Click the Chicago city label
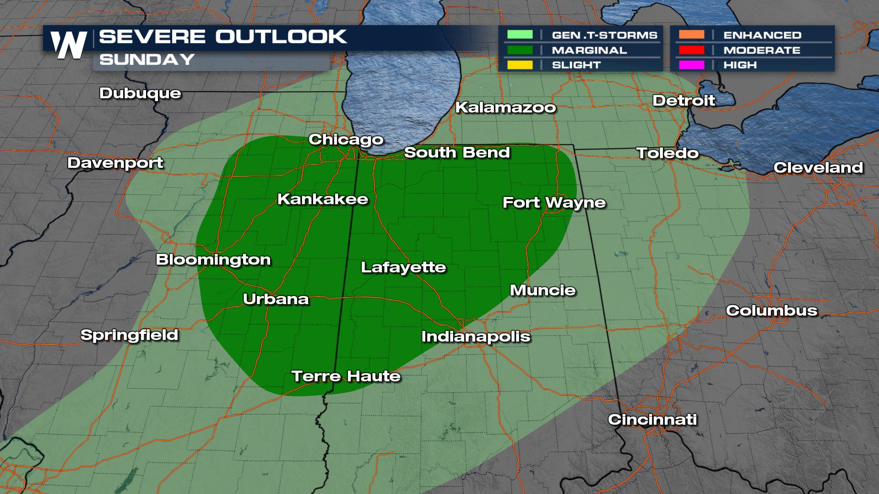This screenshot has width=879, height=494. tap(346, 140)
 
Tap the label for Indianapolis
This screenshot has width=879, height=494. tap(476, 337)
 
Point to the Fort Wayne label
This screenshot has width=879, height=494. tap(554, 203)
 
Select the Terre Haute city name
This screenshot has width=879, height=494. tap(346, 376)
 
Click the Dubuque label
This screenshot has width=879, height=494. tap(140, 93)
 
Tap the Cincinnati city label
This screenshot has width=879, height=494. tap(652, 419)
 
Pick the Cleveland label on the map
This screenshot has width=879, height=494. tap(818, 168)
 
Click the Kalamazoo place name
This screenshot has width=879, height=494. tap(505, 107)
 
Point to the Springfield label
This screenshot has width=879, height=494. tap(129, 335)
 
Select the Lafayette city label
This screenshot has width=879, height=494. tap(403, 267)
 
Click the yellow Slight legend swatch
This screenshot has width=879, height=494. tap(520, 65)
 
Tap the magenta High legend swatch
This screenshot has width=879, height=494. tap(691, 65)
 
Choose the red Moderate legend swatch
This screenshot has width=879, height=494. tap(691, 50)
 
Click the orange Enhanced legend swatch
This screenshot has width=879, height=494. tap(691, 35)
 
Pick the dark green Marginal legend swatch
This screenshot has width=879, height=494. tap(520, 50)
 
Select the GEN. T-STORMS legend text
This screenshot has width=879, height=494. tap(604, 35)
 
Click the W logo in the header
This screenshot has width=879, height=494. tap(69, 45)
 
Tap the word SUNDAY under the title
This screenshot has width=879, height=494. tap(147, 59)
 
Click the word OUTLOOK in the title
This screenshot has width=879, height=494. tap(281, 37)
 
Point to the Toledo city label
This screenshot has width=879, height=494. tap(667, 153)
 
